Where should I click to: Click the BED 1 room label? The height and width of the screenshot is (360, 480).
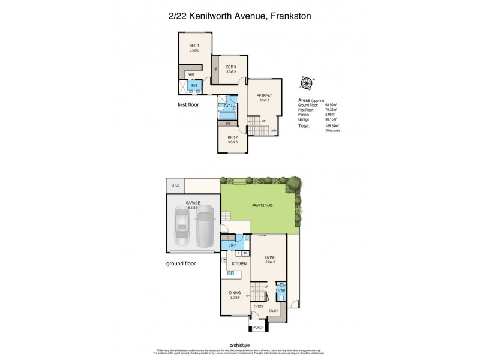[194, 46]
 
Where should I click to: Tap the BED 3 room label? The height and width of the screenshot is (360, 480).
[230, 67]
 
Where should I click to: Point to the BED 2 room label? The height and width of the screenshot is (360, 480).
[233, 138]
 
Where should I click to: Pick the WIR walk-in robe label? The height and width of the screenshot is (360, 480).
[191, 74]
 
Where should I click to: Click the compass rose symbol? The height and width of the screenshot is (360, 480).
[306, 85]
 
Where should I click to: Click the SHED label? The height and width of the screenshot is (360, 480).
[176, 185]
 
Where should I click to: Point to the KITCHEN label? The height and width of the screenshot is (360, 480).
[232, 264]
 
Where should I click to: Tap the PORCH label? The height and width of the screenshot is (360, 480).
[258, 328]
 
